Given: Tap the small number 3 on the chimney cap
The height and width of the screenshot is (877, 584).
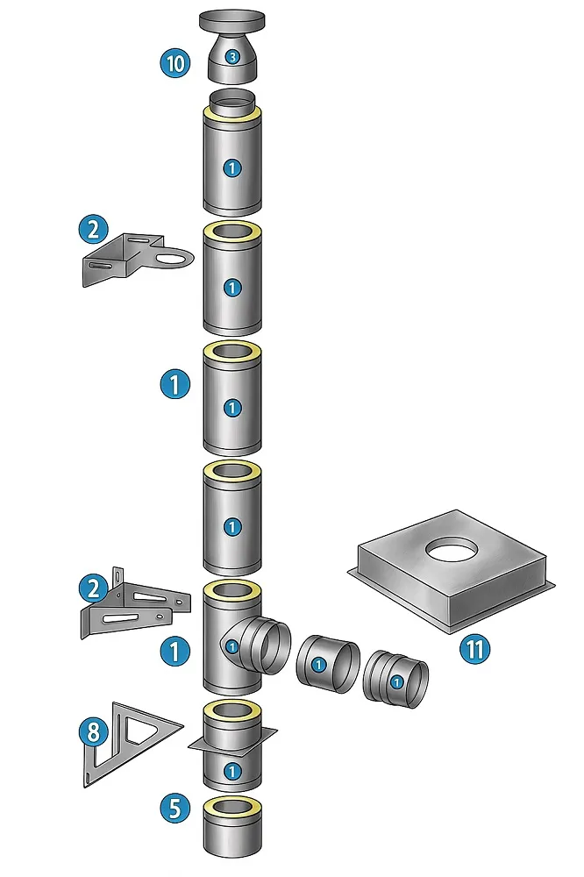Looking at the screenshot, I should pos(231,57).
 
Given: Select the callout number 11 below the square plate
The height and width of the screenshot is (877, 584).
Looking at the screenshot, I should pos(474,649).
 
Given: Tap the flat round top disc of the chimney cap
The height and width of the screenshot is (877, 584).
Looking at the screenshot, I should pos(232,19).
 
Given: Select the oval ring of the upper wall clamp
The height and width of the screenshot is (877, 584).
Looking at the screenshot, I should pos(176,259).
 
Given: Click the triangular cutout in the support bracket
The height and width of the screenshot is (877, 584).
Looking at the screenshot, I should pos(142,729).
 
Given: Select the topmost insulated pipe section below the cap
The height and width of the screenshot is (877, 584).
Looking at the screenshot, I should pos(231,162).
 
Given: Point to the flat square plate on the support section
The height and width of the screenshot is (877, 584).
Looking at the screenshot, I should pos(232,741).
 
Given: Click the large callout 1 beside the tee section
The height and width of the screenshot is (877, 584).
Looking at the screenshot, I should pos(175,651).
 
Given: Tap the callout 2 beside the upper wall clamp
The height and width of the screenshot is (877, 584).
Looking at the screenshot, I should pos(92,230).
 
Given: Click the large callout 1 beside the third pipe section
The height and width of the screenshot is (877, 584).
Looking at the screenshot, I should pos(175,383).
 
